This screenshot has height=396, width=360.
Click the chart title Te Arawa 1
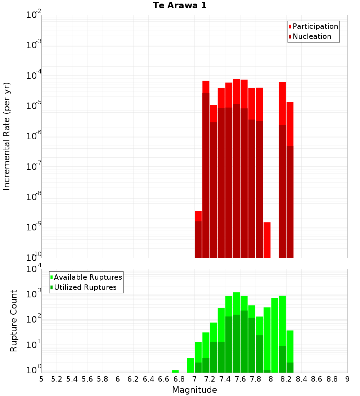click(180, 6)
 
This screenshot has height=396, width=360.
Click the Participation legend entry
click(315, 26)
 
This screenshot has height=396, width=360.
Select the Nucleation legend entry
click(312, 36)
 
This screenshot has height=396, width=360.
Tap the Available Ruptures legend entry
click(88, 277)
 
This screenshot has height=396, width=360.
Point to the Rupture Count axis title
click(14, 320)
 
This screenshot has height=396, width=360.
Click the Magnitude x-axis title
click(194, 390)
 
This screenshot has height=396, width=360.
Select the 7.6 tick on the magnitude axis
click(240, 379)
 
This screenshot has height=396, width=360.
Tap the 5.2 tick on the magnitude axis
click(57, 379)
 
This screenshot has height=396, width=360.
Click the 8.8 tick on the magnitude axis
click(332, 379)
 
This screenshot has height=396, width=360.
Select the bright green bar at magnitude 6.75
click(175, 371)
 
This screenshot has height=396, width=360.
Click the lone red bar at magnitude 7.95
click(267, 240)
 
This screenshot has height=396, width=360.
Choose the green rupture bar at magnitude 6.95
click(190, 365)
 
